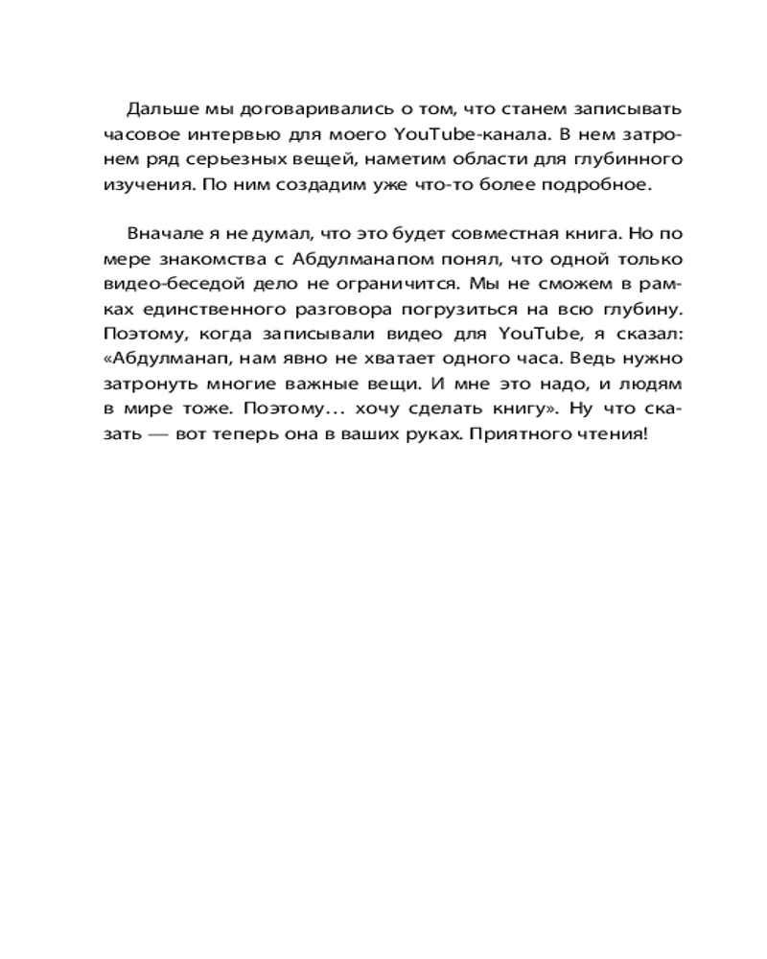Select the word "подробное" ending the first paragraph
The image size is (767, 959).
(602, 185)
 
